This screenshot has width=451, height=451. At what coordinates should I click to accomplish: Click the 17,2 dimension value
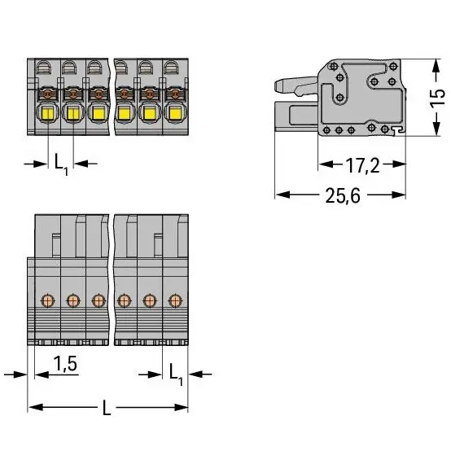(x=362, y=165)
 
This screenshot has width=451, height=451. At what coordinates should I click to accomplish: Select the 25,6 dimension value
(x=343, y=195)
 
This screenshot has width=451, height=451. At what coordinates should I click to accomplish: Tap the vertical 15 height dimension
(x=437, y=98)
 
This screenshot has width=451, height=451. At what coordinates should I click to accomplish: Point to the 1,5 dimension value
(x=65, y=364)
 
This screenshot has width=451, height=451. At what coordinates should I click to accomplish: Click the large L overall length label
(x=107, y=408)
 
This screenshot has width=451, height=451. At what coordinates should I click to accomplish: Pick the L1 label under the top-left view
(x=61, y=164)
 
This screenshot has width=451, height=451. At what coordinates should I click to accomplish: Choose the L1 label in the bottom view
(x=176, y=374)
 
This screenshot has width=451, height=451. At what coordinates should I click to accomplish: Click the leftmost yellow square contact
(x=48, y=114)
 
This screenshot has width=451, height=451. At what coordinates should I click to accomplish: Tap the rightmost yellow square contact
(x=174, y=114)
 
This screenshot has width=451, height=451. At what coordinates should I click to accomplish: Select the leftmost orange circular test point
(x=47, y=301)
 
